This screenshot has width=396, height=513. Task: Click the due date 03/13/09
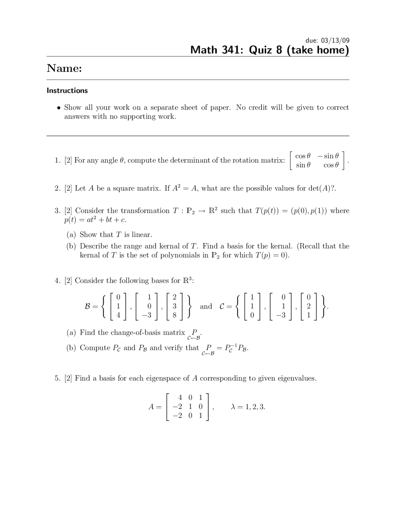point(335,40)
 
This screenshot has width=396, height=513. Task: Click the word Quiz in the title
point(265,50)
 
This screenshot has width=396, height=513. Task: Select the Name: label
point(64,68)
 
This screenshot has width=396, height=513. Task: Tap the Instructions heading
point(67,90)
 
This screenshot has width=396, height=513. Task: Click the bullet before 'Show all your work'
point(59,108)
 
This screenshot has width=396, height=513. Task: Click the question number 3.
point(57,211)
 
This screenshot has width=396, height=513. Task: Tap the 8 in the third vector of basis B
point(174,315)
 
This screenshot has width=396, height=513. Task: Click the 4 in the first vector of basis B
point(118,315)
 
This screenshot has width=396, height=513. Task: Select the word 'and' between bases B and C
point(206,306)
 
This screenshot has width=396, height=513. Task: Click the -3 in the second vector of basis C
point(281,315)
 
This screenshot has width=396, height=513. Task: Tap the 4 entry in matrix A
point(180,397)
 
